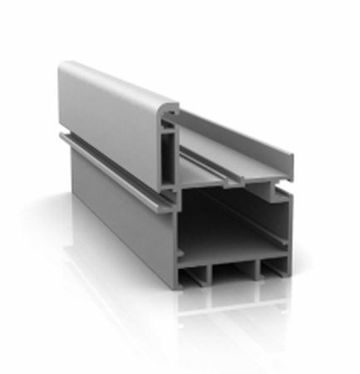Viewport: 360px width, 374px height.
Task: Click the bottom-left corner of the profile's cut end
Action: [177, 287]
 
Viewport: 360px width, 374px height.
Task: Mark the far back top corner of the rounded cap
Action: [62, 65]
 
